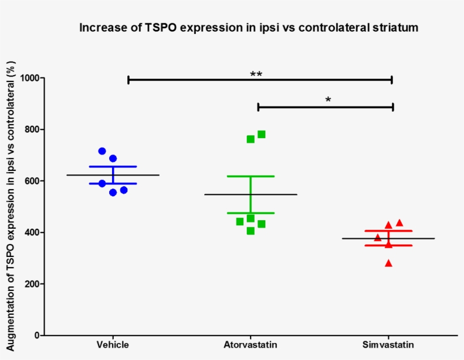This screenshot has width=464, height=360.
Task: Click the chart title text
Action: point(248,28)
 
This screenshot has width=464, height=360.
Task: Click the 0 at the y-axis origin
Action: point(36,336)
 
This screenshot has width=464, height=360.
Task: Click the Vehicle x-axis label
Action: point(113,345)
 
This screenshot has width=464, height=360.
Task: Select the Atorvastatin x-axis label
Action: point(251,345)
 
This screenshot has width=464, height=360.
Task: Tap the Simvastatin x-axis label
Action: point(388,345)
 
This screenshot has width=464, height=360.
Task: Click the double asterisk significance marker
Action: point(256,75)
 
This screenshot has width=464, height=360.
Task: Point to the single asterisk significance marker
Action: point(328,100)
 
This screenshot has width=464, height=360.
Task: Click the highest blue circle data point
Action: point(102,151)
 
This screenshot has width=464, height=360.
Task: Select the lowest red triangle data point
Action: point(388,263)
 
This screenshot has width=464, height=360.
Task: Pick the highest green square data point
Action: point(261,134)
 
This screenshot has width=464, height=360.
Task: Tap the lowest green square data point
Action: point(251,230)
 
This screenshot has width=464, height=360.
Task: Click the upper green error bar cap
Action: point(251,177)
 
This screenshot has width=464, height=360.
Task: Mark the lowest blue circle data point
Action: point(113,192)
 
